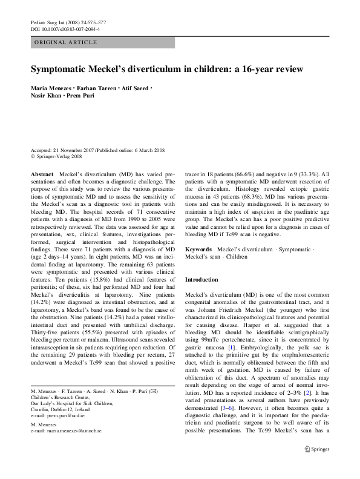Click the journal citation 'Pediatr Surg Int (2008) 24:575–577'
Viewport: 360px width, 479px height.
tap(65, 22)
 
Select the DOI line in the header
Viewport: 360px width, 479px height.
tap(65, 28)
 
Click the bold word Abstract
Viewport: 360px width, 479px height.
tap(42, 173)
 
